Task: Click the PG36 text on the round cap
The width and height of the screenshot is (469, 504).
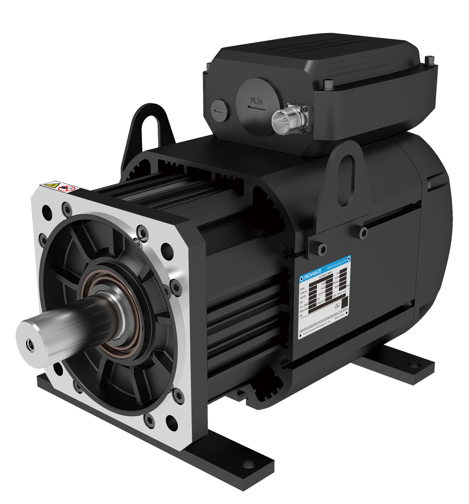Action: [x=257, y=101]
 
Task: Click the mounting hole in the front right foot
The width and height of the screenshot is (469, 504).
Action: [x=248, y=464]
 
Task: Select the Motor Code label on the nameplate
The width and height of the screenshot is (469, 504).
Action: [x=304, y=311]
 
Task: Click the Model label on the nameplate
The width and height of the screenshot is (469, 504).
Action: [x=303, y=289]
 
